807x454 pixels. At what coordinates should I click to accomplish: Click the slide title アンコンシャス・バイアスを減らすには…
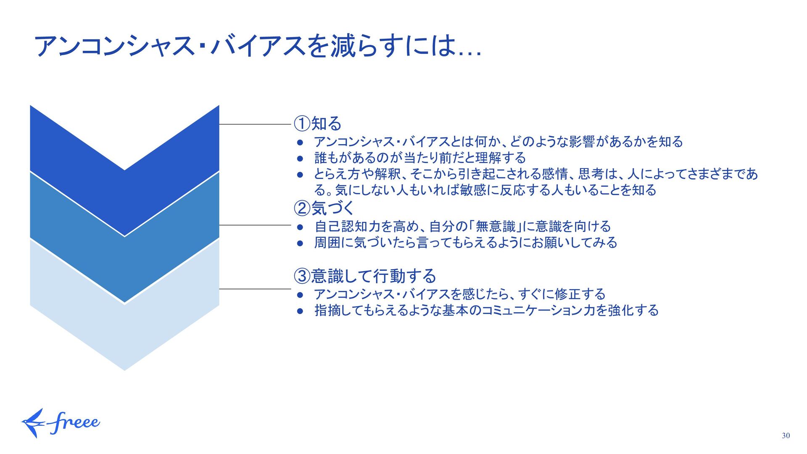click(x=257, y=46)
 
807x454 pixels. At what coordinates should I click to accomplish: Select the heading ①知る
click(x=317, y=124)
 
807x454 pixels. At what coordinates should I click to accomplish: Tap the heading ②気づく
click(x=324, y=208)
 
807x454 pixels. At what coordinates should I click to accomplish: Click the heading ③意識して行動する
click(x=364, y=276)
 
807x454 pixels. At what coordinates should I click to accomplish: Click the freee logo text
click(x=75, y=422)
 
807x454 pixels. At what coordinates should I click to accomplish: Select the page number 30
click(x=786, y=436)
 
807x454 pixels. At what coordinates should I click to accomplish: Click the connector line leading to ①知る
click(x=255, y=124)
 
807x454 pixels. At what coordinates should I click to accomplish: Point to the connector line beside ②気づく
click(x=255, y=225)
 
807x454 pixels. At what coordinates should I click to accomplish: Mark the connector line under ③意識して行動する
click(x=255, y=289)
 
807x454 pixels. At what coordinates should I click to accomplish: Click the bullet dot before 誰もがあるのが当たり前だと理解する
click(x=300, y=159)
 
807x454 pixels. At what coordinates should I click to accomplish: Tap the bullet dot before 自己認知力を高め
click(x=300, y=227)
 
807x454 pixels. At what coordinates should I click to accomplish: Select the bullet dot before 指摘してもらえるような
click(x=300, y=311)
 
